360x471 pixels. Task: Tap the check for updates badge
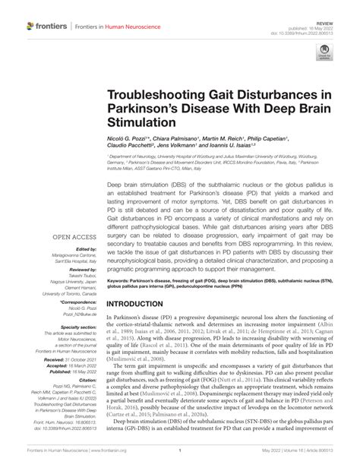click(x=325, y=54)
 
